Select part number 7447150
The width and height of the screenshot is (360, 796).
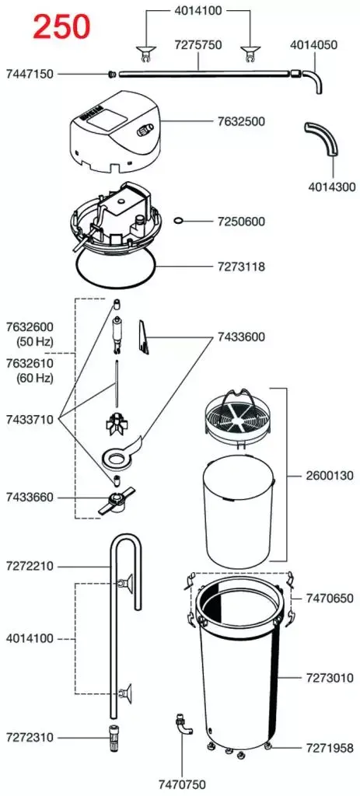tap(30, 74)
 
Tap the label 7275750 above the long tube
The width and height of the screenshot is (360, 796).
tap(198, 44)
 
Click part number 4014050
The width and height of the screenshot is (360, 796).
tap(314, 44)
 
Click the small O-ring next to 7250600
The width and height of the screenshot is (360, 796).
tap(178, 221)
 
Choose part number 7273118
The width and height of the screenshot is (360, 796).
tap(241, 266)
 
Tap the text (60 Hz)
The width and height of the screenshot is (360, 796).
tap(34, 378)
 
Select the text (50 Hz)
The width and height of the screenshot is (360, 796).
tap(34, 340)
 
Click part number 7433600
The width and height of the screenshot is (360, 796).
tap(241, 337)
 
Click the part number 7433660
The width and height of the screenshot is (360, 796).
tap(30, 497)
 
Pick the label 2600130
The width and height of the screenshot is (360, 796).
tap(330, 477)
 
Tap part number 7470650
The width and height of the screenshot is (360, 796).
tap(330, 598)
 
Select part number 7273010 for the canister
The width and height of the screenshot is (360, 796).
tap(330, 678)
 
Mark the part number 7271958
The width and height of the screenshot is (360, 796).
tap(330, 748)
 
